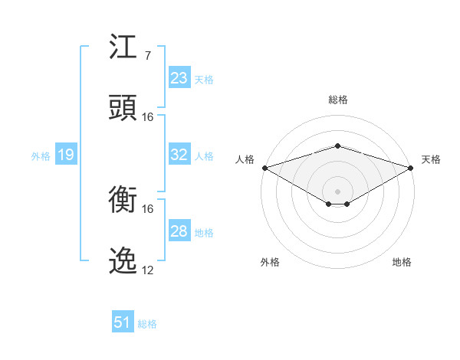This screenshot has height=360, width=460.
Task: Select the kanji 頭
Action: [x=123, y=108]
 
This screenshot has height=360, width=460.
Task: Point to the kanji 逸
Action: [x=123, y=261]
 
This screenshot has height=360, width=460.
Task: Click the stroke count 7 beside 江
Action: [x=147, y=56]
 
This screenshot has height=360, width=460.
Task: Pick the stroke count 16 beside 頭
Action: [x=148, y=117]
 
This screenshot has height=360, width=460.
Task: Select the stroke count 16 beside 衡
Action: [x=148, y=209]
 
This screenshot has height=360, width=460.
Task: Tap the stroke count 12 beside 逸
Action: [x=148, y=270]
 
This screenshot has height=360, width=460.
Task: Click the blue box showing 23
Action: [x=179, y=78]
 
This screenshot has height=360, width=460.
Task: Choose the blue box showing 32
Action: [x=179, y=155]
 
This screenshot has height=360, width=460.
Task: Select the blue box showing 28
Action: [x=179, y=231]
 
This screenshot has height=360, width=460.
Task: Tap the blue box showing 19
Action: [x=65, y=155]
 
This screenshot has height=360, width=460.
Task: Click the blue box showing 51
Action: [x=123, y=322]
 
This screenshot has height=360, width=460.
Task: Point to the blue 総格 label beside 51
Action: [x=147, y=324]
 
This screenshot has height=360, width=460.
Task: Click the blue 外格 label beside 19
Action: [x=41, y=156]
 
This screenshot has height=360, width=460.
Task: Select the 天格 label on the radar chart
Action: [x=432, y=159]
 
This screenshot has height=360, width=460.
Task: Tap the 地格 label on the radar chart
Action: [x=402, y=262]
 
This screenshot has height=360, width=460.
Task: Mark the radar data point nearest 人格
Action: [x=264, y=168]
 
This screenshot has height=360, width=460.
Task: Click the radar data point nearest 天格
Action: [x=412, y=168]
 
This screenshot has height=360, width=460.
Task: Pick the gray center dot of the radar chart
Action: [x=337, y=191]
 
